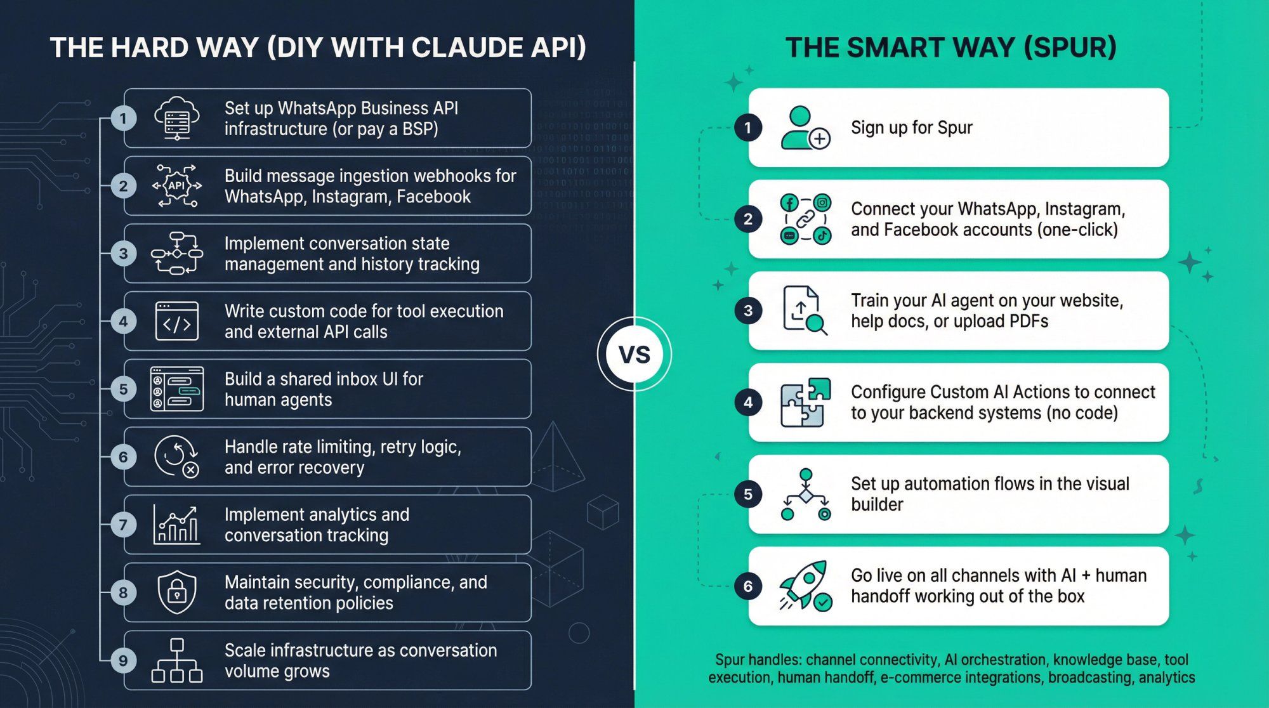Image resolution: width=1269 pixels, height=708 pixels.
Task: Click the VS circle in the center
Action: tap(634, 354)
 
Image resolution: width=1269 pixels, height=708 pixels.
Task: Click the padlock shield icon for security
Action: tap(177, 592)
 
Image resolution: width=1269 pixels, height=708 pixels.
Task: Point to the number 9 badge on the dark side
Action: tap(123, 660)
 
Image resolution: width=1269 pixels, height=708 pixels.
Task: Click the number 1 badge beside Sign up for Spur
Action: tap(748, 128)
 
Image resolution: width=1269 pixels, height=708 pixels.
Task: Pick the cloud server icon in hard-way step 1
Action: tap(177, 118)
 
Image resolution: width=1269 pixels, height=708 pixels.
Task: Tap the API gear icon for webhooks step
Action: tap(177, 186)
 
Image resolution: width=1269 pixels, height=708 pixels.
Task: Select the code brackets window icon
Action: tap(177, 321)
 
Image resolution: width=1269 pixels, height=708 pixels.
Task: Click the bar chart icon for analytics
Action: tap(177, 525)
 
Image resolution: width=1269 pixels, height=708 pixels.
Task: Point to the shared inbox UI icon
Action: tap(177, 389)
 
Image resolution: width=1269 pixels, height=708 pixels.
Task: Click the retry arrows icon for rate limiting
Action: tap(177, 457)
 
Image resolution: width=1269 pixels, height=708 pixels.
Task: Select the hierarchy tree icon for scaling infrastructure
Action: tap(177, 660)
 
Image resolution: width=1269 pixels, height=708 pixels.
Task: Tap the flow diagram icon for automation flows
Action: tap(805, 494)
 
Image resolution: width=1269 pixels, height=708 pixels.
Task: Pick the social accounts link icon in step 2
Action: tap(805, 219)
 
